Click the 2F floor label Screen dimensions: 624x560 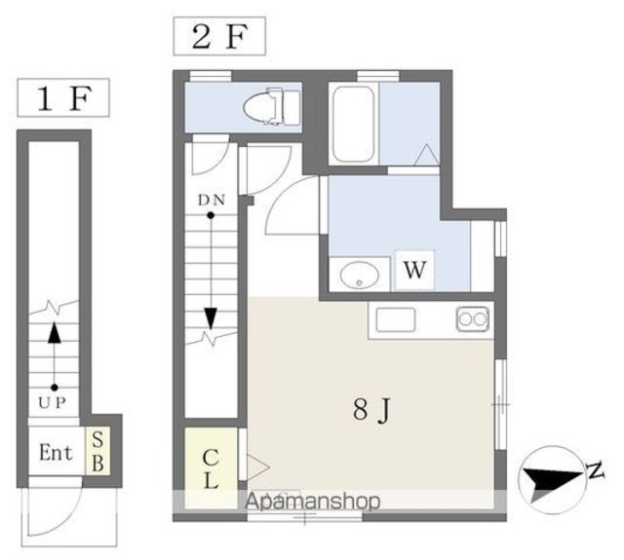(219, 36)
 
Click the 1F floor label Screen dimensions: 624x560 (63, 97)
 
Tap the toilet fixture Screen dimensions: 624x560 (272, 107)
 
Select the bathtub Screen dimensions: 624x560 (353, 124)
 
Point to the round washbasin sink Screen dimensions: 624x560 (360, 275)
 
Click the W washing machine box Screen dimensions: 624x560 (414, 270)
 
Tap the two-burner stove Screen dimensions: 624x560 (473, 318)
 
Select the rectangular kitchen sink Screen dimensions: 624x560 (396, 319)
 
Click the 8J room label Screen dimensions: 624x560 (372, 410)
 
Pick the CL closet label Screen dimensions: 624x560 (211, 469)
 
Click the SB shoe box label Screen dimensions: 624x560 (97, 452)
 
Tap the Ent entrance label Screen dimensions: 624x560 (57, 452)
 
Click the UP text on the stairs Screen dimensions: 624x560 (52, 403)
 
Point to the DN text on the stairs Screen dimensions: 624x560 (212, 201)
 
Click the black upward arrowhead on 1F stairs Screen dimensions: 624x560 (55, 332)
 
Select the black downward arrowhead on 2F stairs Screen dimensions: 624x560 (211, 318)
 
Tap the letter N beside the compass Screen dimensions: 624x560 (596, 470)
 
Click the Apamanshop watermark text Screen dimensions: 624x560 (312, 501)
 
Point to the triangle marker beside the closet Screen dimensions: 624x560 (257, 467)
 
